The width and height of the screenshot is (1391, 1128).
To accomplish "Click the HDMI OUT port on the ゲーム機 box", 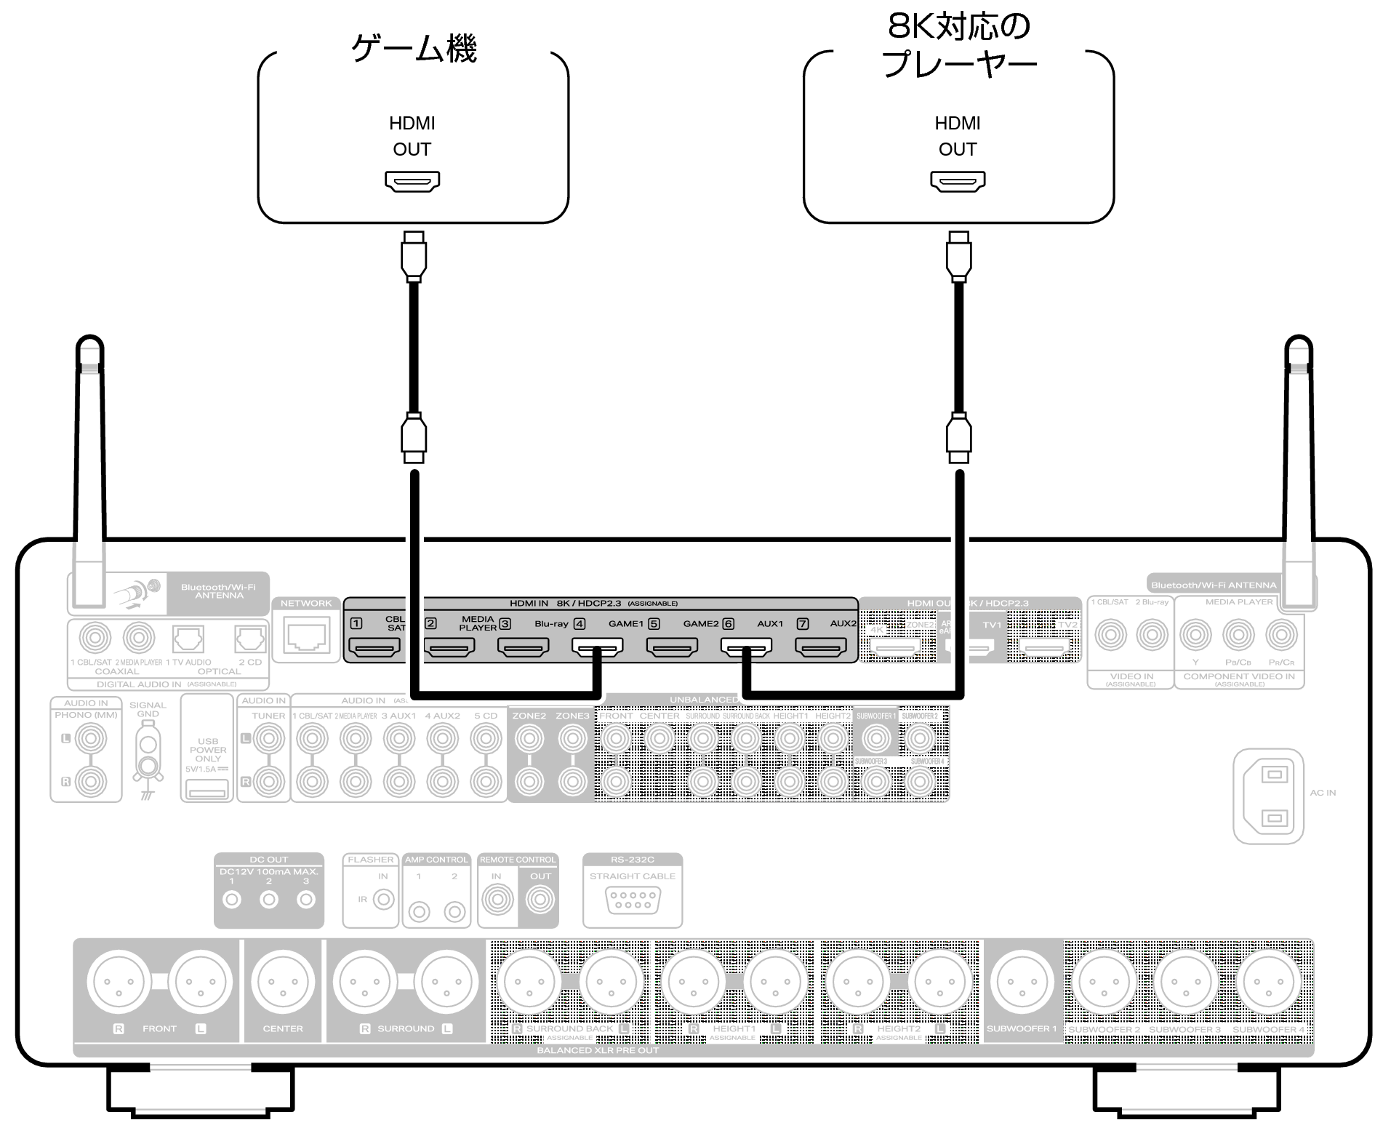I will click(412, 181).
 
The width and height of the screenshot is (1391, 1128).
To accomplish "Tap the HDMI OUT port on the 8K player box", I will click(958, 181).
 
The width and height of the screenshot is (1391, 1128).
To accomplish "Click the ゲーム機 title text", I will click(413, 49).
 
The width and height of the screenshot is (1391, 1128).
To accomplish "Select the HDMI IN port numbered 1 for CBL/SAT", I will click(374, 646).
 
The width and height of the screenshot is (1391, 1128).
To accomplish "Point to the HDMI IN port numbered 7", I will click(820, 646).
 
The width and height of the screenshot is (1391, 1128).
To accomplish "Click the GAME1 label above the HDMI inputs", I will click(625, 624).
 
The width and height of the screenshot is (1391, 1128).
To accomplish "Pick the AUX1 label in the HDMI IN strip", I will click(770, 624).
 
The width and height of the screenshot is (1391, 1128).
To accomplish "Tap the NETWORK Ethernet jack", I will click(306, 637).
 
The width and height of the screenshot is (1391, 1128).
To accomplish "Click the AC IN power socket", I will click(1268, 796).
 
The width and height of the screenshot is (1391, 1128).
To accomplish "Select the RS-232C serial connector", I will click(632, 900).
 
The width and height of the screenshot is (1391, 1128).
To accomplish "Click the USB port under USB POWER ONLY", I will click(207, 788).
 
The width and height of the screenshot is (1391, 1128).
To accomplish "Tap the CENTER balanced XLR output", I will click(283, 981).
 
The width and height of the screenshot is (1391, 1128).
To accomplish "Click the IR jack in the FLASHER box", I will click(383, 900).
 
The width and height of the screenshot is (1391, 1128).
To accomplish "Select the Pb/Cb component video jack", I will click(1238, 636).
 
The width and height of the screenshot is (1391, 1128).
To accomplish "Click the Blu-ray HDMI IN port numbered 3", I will click(523, 646).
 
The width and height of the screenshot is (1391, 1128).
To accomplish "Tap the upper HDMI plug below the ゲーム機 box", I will click(413, 255).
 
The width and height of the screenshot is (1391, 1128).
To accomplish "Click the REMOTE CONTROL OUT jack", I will click(540, 900).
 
